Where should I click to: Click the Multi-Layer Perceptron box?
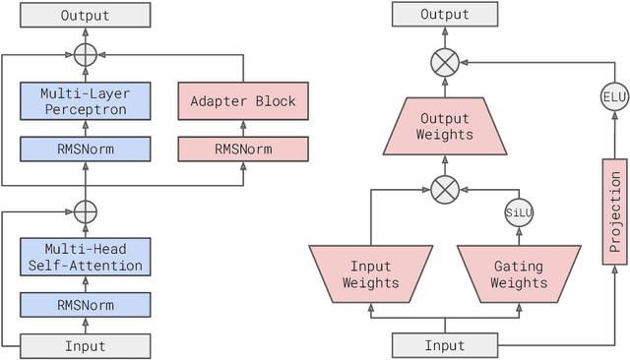[86, 101]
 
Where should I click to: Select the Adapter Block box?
[243, 101]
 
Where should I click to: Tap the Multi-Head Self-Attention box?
[86, 257]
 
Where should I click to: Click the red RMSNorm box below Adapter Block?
[243, 150]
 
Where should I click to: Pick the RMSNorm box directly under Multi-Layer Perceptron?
[86, 150]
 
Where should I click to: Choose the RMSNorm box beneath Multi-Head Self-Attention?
[86, 305]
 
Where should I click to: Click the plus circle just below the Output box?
[86, 55]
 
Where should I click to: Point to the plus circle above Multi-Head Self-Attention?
[86, 210]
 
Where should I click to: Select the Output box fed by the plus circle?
[86, 16]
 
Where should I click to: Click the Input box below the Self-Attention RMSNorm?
[86, 345]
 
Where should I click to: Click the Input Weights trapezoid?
[370, 272]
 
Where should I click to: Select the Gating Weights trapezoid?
[519, 272]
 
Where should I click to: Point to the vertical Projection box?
[614, 211]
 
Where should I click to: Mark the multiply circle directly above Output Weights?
[445, 63]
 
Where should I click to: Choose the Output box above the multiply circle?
[445, 16]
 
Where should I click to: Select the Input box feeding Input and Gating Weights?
[444, 345]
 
